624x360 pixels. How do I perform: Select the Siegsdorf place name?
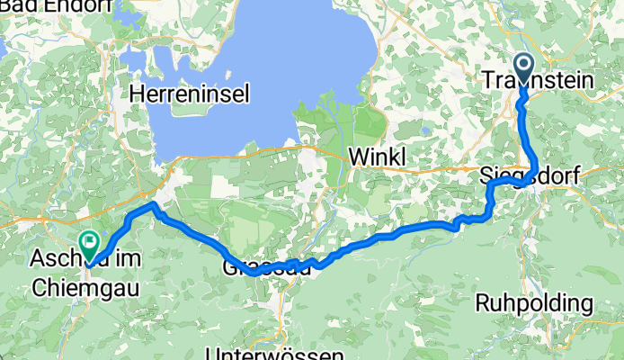[x=522, y=174]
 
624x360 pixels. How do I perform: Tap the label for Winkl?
[x=377, y=155]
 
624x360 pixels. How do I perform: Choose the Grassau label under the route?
[x=268, y=266]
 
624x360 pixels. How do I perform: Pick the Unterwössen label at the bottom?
[x=273, y=353]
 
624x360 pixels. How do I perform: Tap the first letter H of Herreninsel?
[x=137, y=93]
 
